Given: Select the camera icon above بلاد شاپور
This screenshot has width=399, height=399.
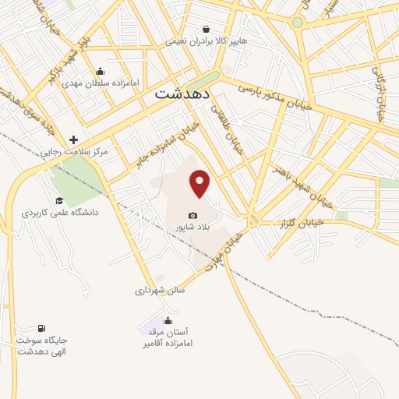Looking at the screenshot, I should point(192,215).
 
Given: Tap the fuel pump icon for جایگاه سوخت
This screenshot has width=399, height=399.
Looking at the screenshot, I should point(41,328).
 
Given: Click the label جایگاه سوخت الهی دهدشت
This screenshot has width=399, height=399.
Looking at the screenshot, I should point(41,346).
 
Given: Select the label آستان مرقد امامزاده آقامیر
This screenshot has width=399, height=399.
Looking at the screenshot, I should point(168,337).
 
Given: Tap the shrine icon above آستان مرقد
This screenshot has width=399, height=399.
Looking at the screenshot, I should point(168,320).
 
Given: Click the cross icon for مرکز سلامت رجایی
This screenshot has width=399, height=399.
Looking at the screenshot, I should point(74,140).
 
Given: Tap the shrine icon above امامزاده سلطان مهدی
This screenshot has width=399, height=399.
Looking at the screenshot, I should point(100,71).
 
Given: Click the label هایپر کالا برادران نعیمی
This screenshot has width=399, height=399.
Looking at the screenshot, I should point(205,41).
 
